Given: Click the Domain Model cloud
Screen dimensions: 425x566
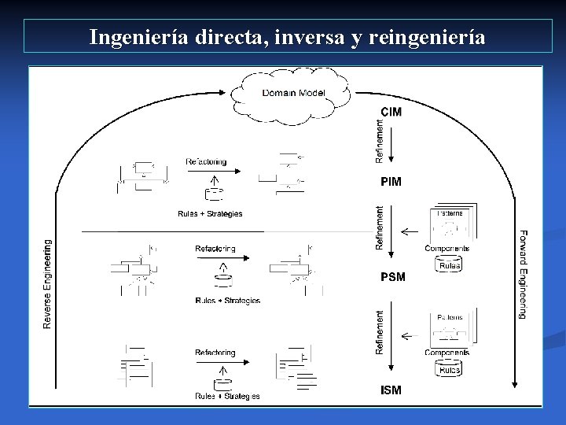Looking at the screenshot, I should pos(294,93).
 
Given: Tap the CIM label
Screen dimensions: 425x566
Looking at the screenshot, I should pos(391,112).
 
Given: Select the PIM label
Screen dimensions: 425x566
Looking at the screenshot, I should pos(391,182).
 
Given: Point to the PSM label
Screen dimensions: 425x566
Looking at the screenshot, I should pos(393,277).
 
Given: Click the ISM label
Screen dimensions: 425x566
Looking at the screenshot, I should pos(391,390).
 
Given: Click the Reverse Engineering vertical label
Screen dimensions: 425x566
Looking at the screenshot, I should pos(47,284).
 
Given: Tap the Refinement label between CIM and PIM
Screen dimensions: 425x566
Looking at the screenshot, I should pos(380,141).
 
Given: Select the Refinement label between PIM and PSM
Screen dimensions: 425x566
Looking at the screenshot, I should pos(380,228).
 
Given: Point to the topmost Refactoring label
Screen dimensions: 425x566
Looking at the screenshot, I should pos(206,162).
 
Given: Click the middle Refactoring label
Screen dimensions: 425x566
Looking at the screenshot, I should pos(215,249).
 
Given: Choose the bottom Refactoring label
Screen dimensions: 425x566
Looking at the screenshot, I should pos(215,353).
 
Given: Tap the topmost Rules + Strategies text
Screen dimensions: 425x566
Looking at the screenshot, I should pos(210,213).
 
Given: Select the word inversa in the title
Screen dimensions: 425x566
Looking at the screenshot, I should pos(311,36).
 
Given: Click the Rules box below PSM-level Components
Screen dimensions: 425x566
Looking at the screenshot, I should pos(450,266).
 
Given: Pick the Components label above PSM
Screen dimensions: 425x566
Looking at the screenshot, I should pos(447,249).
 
